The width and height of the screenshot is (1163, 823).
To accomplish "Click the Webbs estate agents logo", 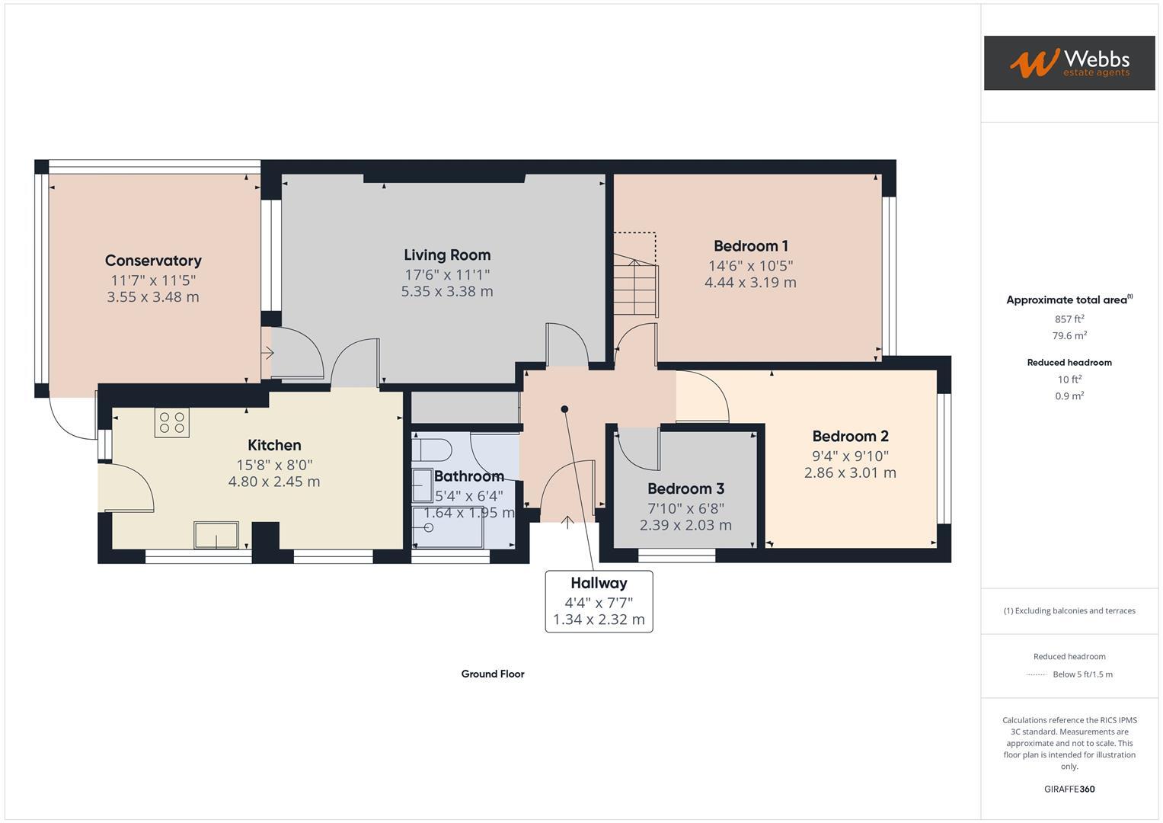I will (1069, 62).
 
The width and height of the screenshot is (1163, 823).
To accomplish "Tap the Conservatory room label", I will (153, 261).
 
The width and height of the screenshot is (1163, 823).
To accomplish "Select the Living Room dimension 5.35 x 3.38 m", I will (447, 291).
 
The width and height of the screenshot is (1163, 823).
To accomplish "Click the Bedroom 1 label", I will (750, 245).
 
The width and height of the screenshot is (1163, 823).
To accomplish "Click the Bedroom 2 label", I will (850, 436).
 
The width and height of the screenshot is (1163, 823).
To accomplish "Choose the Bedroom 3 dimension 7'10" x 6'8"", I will (685, 508).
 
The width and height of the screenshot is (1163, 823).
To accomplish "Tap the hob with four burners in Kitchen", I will (171, 423).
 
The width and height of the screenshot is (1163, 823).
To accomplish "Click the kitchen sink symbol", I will (216, 535).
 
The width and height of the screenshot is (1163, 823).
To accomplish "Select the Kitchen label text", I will (274, 445).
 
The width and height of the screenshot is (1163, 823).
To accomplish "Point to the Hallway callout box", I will (599, 601).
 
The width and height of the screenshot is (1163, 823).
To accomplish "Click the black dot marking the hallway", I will (564, 409).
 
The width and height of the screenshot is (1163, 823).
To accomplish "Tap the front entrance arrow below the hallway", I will (567, 523).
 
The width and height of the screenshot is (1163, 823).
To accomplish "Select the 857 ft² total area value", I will (1069, 319).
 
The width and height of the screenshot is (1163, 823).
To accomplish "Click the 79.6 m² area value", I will (1069, 335).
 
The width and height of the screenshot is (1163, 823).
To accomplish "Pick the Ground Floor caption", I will (493, 674).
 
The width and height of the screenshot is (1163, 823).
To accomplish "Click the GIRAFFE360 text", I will (1069, 789).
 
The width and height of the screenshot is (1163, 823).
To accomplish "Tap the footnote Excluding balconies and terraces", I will (1069, 610).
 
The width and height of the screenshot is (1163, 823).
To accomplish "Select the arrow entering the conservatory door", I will (267, 353).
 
